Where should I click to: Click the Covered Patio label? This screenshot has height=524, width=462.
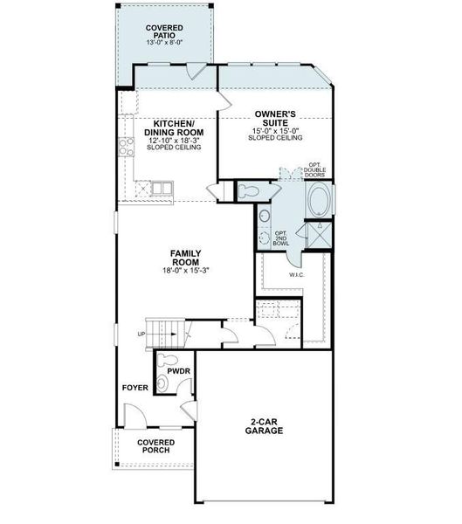164,31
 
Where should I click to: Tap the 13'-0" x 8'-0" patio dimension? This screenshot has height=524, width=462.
164,43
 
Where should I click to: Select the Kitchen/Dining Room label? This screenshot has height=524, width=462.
174,128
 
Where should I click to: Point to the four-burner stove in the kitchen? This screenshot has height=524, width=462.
127,147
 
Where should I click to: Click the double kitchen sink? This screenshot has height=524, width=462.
162,189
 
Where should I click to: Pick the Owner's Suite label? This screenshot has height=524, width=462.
275,118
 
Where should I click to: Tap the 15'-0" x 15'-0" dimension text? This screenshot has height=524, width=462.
275,131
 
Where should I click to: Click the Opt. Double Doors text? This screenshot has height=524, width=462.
314,169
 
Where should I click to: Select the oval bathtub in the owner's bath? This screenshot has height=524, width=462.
320,200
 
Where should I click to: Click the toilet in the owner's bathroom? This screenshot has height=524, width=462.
248,191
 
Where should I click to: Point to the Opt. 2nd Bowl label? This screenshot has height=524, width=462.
281,238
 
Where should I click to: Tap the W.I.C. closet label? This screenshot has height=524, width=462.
297,275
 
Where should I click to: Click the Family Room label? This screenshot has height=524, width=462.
185,258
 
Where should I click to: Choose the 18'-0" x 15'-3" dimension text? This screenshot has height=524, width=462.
185,270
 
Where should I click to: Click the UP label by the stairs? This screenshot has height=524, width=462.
141,334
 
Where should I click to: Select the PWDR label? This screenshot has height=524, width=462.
178,371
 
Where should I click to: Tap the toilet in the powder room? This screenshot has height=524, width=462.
167,360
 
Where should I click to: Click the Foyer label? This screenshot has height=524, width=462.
135,388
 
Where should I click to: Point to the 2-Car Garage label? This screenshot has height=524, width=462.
264,426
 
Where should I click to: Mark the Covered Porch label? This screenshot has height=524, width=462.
155,446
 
